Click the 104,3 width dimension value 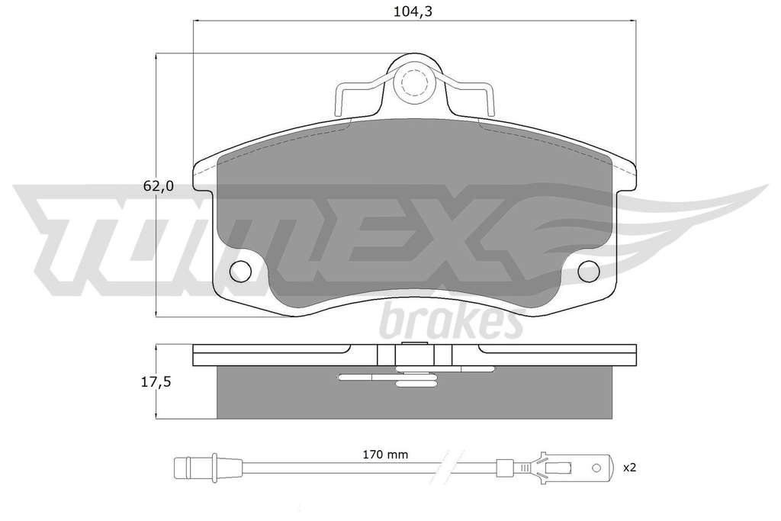[413, 11]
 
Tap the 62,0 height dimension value [159, 186]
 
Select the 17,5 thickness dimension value [157, 382]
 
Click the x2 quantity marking [629, 468]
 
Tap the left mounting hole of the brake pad [240, 271]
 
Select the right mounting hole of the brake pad [589, 271]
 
